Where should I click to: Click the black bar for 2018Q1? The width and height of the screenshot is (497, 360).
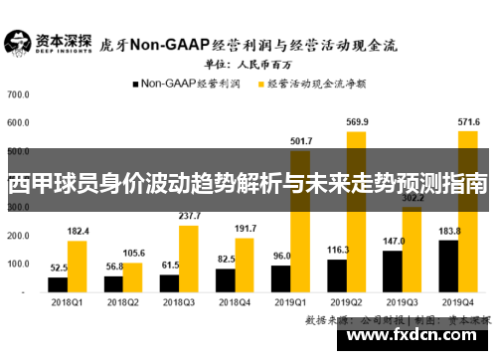pos(58,283)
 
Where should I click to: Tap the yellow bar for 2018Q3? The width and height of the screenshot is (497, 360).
pos(188,259)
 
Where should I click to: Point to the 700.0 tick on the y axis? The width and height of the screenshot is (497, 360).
pos(18,95)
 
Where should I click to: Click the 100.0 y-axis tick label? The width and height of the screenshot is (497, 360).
pos(18,264)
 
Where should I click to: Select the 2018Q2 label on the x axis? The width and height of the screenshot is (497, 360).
pos(123,302)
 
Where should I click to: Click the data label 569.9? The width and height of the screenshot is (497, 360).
pos(356,122)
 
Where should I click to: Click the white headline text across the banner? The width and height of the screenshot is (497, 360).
pos(248,184)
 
